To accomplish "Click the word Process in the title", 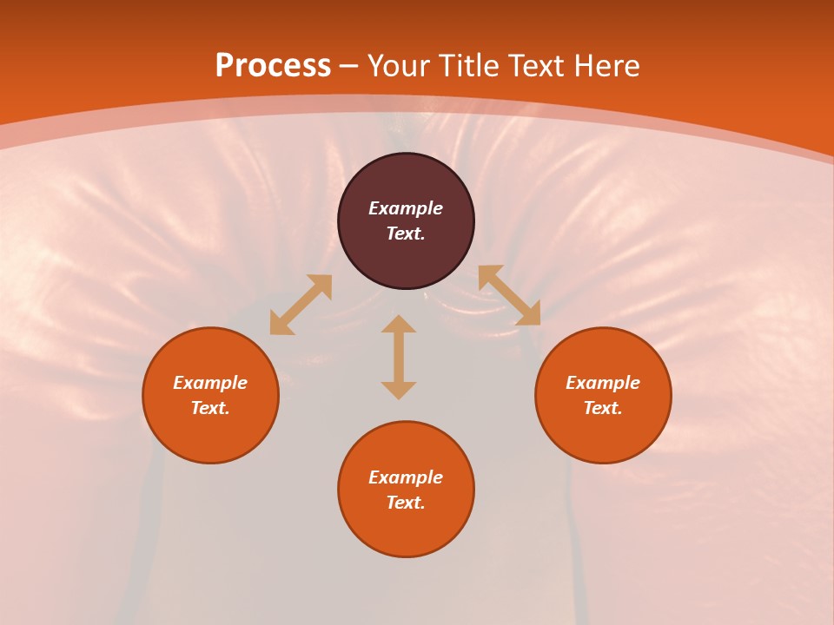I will click(x=273, y=66).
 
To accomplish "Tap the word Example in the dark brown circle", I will click(x=406, y=208).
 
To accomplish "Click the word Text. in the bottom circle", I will click(x=406, y=503).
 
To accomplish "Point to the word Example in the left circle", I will click(x=210, y=383).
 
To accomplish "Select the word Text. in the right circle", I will click(x=603, y=408).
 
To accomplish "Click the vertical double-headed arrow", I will click(x=399, y=357).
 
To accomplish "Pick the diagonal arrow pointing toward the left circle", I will click(x=301, y=305).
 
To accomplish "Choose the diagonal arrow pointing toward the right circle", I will click(x=509, y=295).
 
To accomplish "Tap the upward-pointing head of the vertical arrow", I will click(x=399, y=324).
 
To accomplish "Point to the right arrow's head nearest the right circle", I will click(x=529, y=314).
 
